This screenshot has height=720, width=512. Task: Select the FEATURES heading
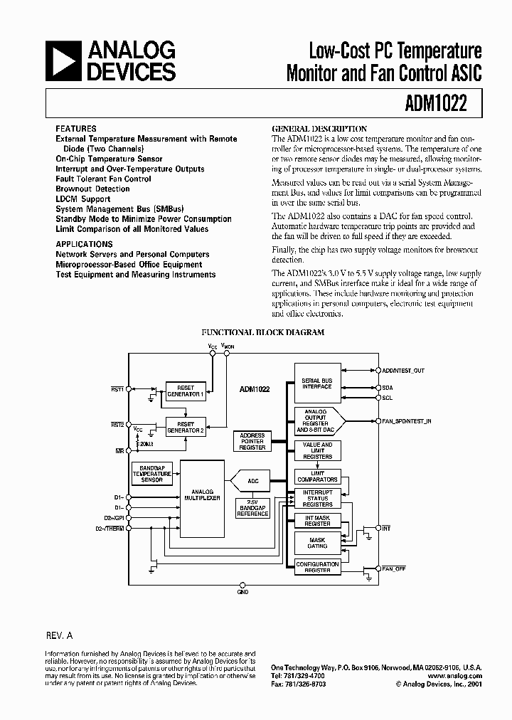pyautogui.click(x=76, y=129)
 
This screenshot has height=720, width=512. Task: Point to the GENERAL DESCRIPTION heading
pyautogui.click(x=319, y=129)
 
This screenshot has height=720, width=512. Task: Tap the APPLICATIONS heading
pyautogui.click(x=84, y=244)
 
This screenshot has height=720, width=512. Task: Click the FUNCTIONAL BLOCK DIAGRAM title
pyautogui.click(x=263, y=332)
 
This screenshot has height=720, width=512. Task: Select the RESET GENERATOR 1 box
pyautogui.click(x=185, y=391)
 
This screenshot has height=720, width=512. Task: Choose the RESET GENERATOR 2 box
pyautogui.click(x=185, y=427)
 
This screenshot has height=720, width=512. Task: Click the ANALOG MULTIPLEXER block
pyautogui.click(x=202, y=494)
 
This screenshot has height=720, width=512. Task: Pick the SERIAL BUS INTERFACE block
pyautogui.click(x=316, y=384)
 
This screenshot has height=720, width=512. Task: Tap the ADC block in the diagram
pyautogui.click(x=253, y=482)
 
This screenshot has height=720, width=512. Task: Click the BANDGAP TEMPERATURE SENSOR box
pyautogui.click(x=151, y=472)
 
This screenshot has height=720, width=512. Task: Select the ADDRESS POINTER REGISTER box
pyautogui.click(x=252, y=441)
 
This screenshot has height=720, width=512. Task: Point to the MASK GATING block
pyautogui.click(x=317, y=543)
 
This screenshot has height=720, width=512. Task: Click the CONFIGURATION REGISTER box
pyautogui.click(x=317, y=567)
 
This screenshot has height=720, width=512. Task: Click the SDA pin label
pyautogui.click(x=388, y=388)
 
